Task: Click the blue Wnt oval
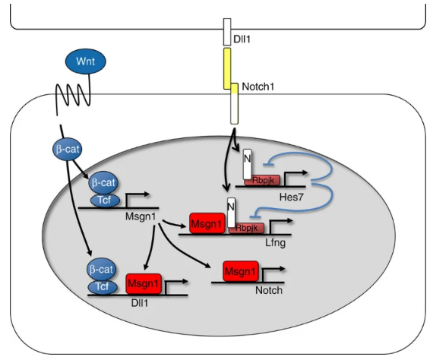pyautogui.click(x=85, y=62)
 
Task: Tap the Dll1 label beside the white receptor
pyautogui.click(x=242, y=39)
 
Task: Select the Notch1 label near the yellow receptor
pyautogui.click(x=258, y=87)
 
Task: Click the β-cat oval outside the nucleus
pyautogui.click(x=67, y=149)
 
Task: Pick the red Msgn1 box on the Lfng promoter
pyautogui.click(x=207, y=223)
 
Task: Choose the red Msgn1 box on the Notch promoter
pyautogui.click(x=241, y=271)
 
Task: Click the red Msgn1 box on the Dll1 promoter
pyautogui.click(x=144, y=283)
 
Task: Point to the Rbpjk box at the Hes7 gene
pyautogui.click(x=262, y=181)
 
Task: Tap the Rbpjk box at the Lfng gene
pyautogui.click(x=246, y=228)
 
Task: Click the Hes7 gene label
pyautogui.click(x=292, y=197)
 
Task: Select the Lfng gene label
pyautogui.click(x=275, y=243)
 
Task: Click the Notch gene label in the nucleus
pyautogui.click(x=269, y=290)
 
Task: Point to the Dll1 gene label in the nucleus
pyautogui.click(x=140, y=303)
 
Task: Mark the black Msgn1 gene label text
pyautogui.click(x=141, y=216)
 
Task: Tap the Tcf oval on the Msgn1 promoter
pyautogui.click(x=105, y=200)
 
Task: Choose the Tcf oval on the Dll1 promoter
pyautogui.click(x=103, y=286)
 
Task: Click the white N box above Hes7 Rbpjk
pyautogui.click(x=247, y=164)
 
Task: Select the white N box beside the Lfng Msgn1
pyautogui.click(x=231, y=213)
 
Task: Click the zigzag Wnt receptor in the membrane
pyautogui.click(x=73, y=95)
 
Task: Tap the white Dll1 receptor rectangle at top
pyautogui.click(x=227, y=32)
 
